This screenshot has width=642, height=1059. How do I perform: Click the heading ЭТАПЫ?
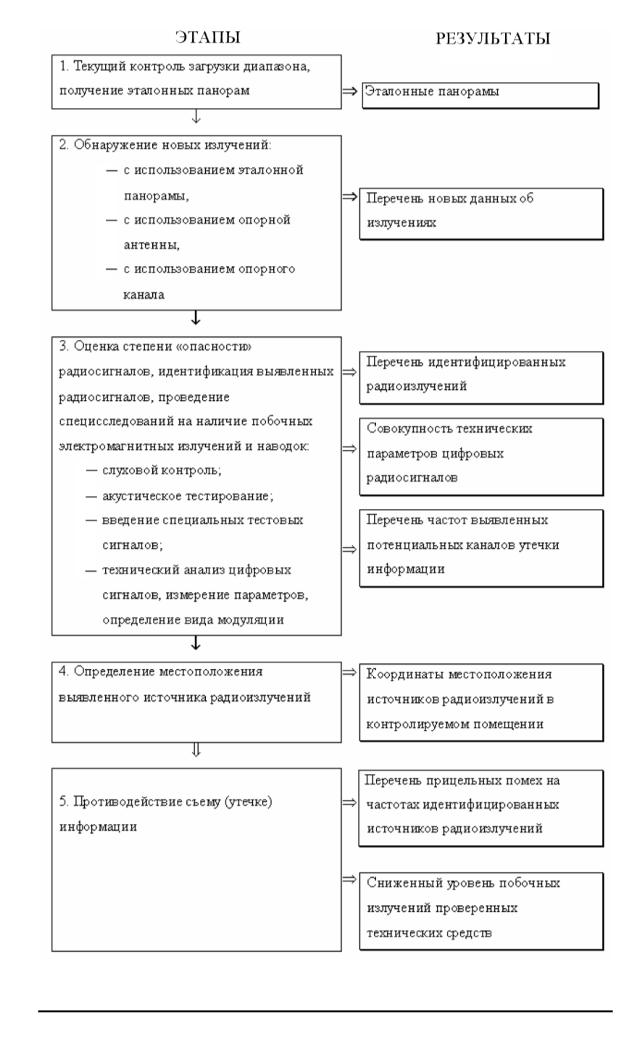click(x=207, y=37)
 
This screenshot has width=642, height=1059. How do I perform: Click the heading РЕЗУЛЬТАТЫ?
click(x=492, y=38)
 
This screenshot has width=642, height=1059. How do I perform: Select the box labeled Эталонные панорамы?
click(x=480, y=94)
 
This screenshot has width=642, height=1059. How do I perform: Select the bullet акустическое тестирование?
click(x=178, y=496)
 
